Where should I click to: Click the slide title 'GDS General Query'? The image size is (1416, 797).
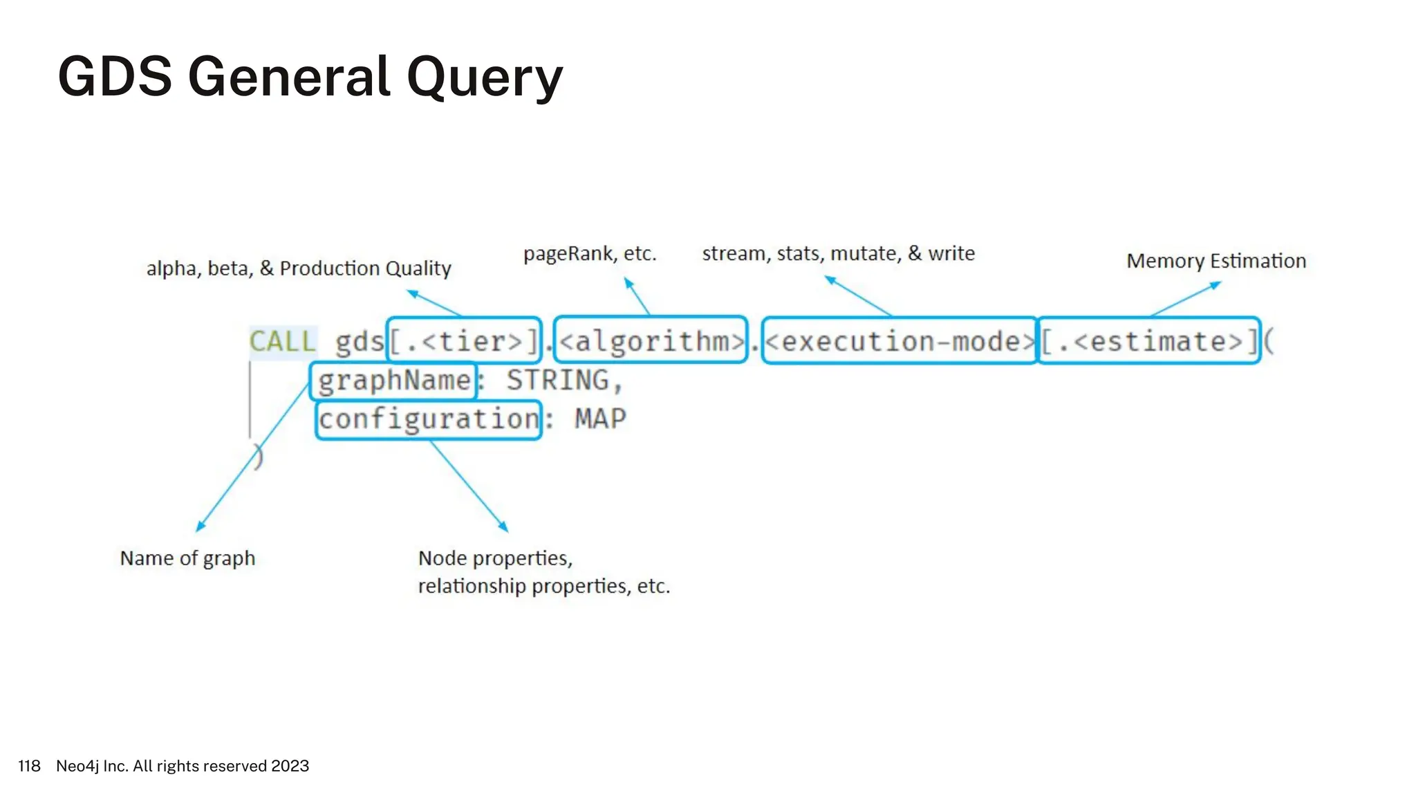[x=310, y=77]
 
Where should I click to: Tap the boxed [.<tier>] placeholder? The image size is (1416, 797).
[x=464, y=340]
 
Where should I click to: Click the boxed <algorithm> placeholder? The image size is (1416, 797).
[x=651, y=340]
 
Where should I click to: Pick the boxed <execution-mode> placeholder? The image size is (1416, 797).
[x=899, y=340]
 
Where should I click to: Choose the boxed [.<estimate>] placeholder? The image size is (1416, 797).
[x=1149, y=340]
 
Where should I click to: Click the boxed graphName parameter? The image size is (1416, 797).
[x=394, y=381]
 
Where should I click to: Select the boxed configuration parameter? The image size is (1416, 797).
[x=429, y=419]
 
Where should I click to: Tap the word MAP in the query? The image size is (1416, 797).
[x=600, y=419]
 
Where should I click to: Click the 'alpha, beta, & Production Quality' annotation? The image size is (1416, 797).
[x=299, y=268]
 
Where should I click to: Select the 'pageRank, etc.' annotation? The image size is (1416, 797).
[x=590, y=254]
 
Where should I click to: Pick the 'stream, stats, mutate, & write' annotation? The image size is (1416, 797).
[x=838, y=254]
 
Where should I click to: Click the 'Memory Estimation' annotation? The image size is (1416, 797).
[x=1216, y=261]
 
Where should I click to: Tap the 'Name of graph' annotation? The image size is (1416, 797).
[x=187, y=558]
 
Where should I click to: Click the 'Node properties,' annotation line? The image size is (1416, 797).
[x=495, y=558]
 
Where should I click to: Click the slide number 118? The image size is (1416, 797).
[x=29, y=766]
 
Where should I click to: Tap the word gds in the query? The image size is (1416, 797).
[x=359, y=342]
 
